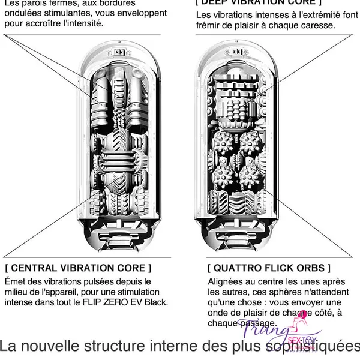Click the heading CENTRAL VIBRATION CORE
79,266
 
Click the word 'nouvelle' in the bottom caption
61,347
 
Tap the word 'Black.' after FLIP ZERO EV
154,302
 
